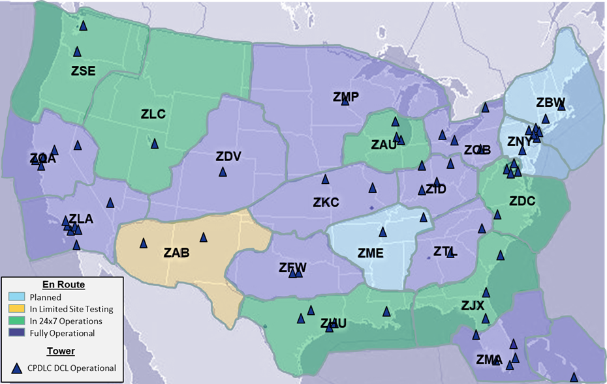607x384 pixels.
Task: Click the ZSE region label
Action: coord(83,71)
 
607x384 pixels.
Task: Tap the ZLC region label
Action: coord(153,114)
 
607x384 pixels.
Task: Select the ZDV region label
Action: coord(228,156)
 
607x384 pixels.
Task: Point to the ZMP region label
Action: coord(346,97)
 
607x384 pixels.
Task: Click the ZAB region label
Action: coord(176,253)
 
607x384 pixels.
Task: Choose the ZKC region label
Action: coord(326,203)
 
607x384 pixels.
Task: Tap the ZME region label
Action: coord(370,254)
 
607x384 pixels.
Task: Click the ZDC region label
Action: coord(522,201)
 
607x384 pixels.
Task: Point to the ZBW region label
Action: coord(550,102)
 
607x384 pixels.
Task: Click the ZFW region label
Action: coord(292,267)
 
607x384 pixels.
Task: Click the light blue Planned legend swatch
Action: coord(16,297)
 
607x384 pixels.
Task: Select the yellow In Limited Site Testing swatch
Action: coord(16,309)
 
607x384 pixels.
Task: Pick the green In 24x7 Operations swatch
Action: coord(16,321)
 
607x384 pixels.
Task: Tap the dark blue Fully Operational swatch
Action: coord(16,333)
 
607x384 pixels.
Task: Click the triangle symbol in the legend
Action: coord(18,368)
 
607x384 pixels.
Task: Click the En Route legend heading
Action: coord(63,285)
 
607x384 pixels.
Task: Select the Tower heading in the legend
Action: coord(61,351)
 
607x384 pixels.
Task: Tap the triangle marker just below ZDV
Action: coord(223,172)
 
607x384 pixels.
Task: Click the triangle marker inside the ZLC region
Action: coord(155,143)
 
